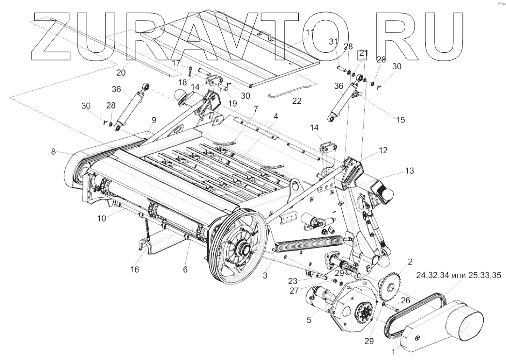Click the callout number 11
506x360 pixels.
pos(310,32)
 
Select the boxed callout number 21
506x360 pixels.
pos(364,54)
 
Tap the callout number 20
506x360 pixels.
pos(121,73)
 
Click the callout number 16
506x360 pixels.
pos(135,269)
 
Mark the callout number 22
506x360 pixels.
pos(296,101)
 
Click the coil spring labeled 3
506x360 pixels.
pos(310,239)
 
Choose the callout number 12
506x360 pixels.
pos(383,151)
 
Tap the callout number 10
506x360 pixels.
pos(101,219)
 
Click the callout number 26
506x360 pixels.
pos(406,300)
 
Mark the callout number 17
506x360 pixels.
pos(176,63)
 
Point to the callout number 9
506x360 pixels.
pos(154,119)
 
